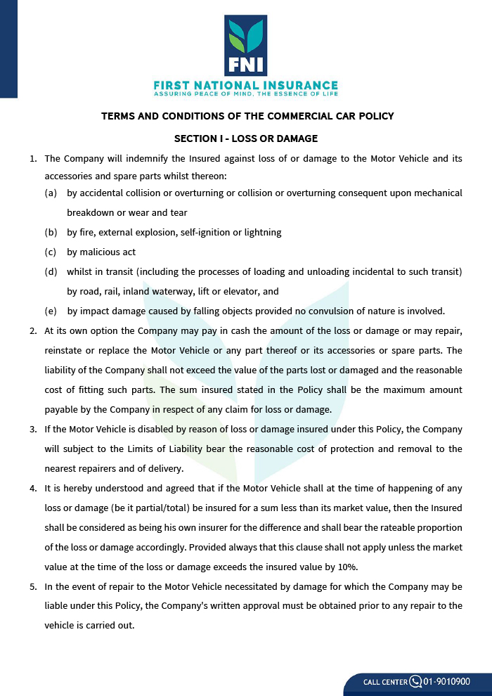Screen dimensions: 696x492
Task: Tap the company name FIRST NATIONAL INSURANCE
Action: pyautogui.click(x=246, y=85)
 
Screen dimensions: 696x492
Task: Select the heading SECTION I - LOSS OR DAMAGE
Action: pyautogui.click(x=246, y=138)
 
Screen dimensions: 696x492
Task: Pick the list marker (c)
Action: pyautogui.click(x=51, y=252)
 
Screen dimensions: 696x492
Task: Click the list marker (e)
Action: pyautogui.click(x=51, y=311)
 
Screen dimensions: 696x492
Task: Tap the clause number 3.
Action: pyautogui.click(x=33, y=429)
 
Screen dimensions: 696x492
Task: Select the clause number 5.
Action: pyautogui.click(x=33, y=586)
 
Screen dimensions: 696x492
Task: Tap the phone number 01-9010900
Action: pyautogui.click(x=447, y=681)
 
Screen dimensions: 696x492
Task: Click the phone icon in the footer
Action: pyautogui.click(x=415, y=681)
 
